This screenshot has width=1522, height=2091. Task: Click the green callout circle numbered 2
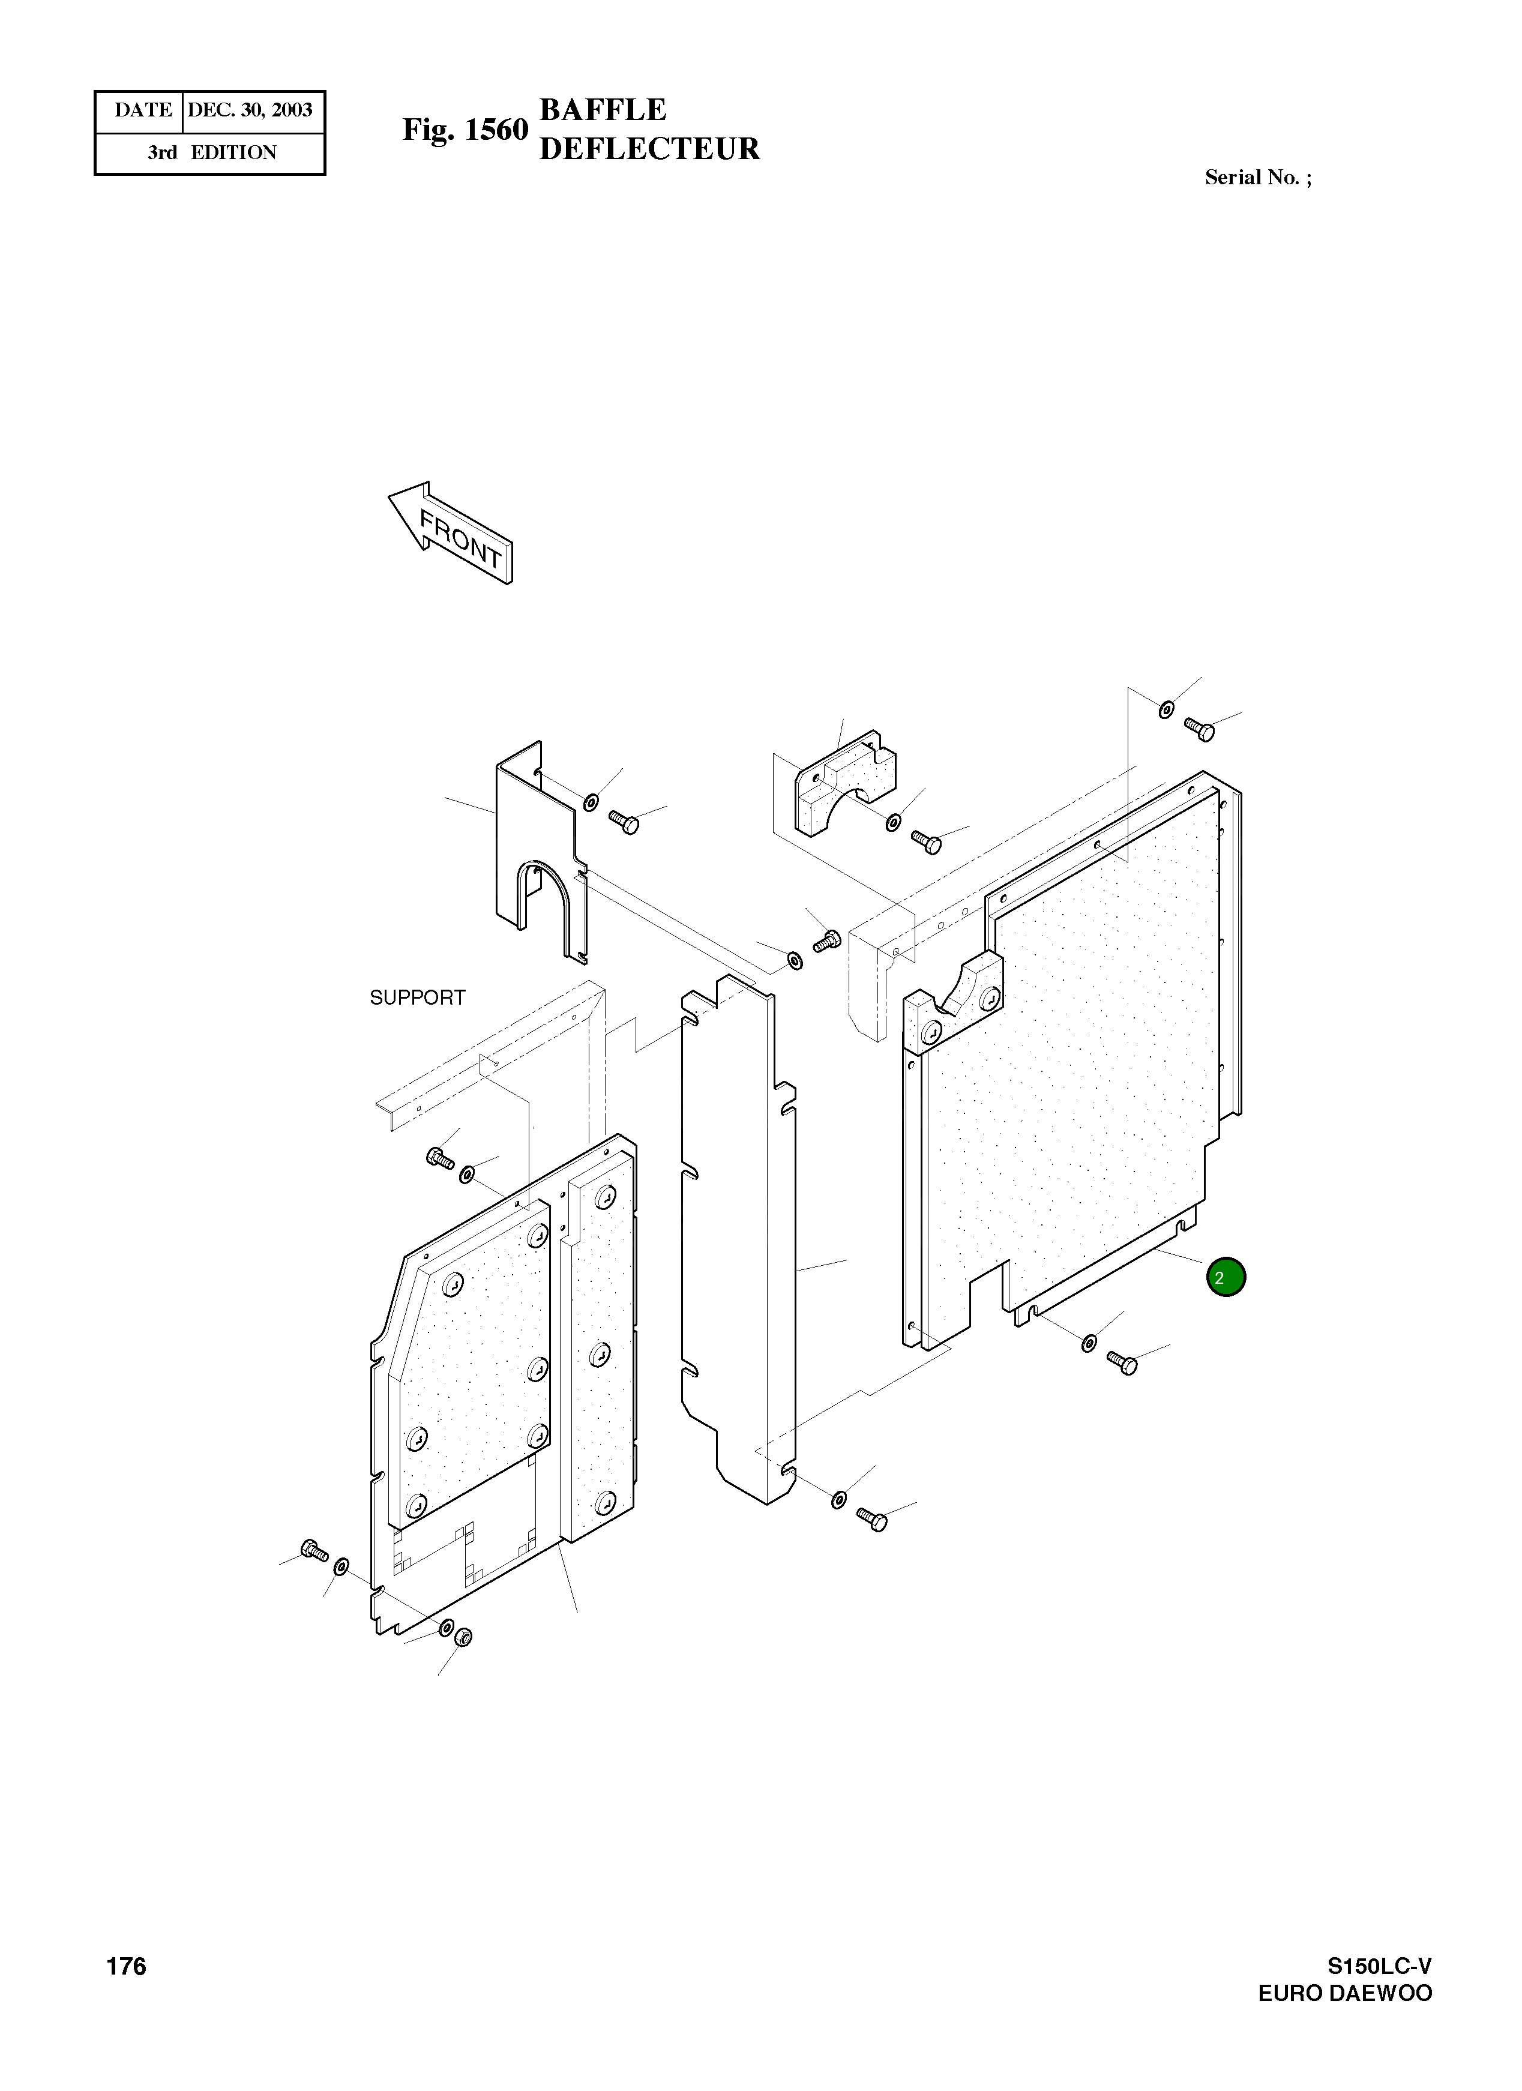pyautogui.click(x=1225, y=1277)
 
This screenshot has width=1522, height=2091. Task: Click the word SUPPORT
pyautogui.click(x=418, y=997)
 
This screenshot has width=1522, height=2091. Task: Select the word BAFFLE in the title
pyautogui.click(x=602, y=110)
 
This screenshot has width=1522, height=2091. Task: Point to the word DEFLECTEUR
pyautogui.click(x=649, y=148)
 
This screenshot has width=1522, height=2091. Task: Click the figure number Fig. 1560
pyautogui.click(x=465, y=130)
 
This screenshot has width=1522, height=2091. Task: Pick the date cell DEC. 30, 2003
pyautogui.click(x=250, y=110)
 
